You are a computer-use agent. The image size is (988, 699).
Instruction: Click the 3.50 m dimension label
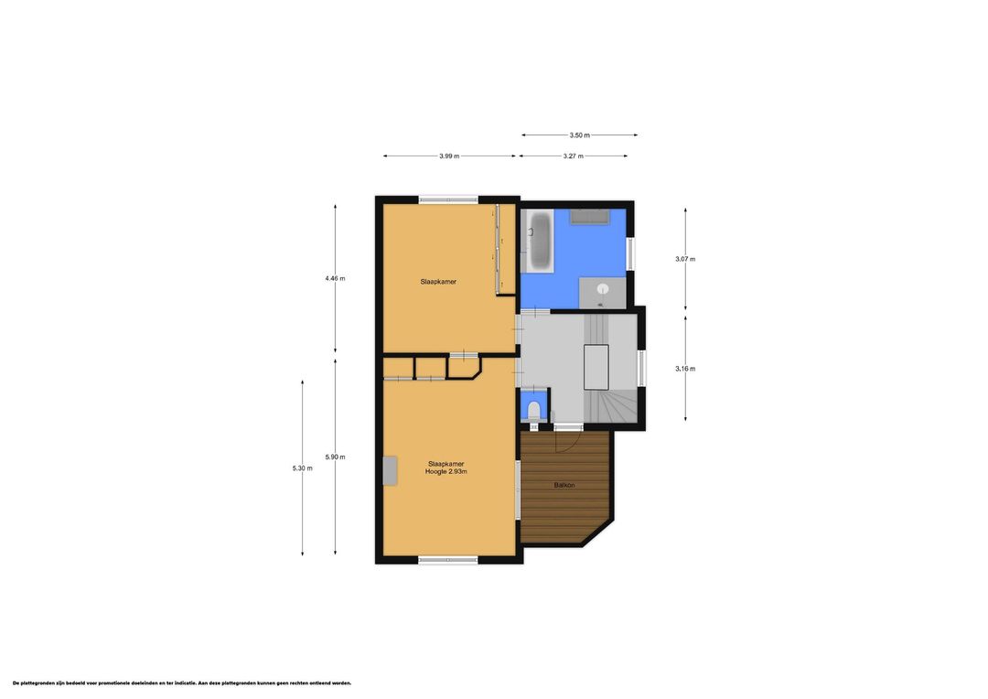click(580, 134)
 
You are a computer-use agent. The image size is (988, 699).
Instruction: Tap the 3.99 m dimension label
click(449, 156)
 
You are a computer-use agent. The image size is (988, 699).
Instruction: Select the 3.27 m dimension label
click(574, 156)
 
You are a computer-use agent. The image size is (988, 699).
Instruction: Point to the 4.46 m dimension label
click(335, 278)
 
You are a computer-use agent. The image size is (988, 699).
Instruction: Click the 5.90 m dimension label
click(335, 457)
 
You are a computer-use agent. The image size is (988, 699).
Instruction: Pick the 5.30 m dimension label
click(303, 468)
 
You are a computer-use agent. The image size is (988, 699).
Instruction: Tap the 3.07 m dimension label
click(685, 259)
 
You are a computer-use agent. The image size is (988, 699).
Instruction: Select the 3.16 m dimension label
click(685, 369)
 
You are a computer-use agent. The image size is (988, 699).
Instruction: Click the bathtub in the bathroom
click(540, 240)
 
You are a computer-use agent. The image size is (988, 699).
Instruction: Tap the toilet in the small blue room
click(534, 411)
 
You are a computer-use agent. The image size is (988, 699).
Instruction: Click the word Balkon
click(564, 485)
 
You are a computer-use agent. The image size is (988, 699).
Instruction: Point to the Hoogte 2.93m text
click(446, 471)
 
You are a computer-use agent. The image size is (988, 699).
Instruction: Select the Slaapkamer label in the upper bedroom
click(438, 282)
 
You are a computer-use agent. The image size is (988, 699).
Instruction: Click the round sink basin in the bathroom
click(603, 289)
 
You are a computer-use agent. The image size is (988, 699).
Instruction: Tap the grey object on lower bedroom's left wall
click(391, 471)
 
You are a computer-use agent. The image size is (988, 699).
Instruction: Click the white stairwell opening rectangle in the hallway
click(596, 368)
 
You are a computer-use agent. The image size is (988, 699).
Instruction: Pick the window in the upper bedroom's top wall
click(448, 199)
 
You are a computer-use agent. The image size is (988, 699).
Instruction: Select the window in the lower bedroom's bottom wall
click(448, 560)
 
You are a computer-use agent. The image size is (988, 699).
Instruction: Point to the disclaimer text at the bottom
click(182, 683)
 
